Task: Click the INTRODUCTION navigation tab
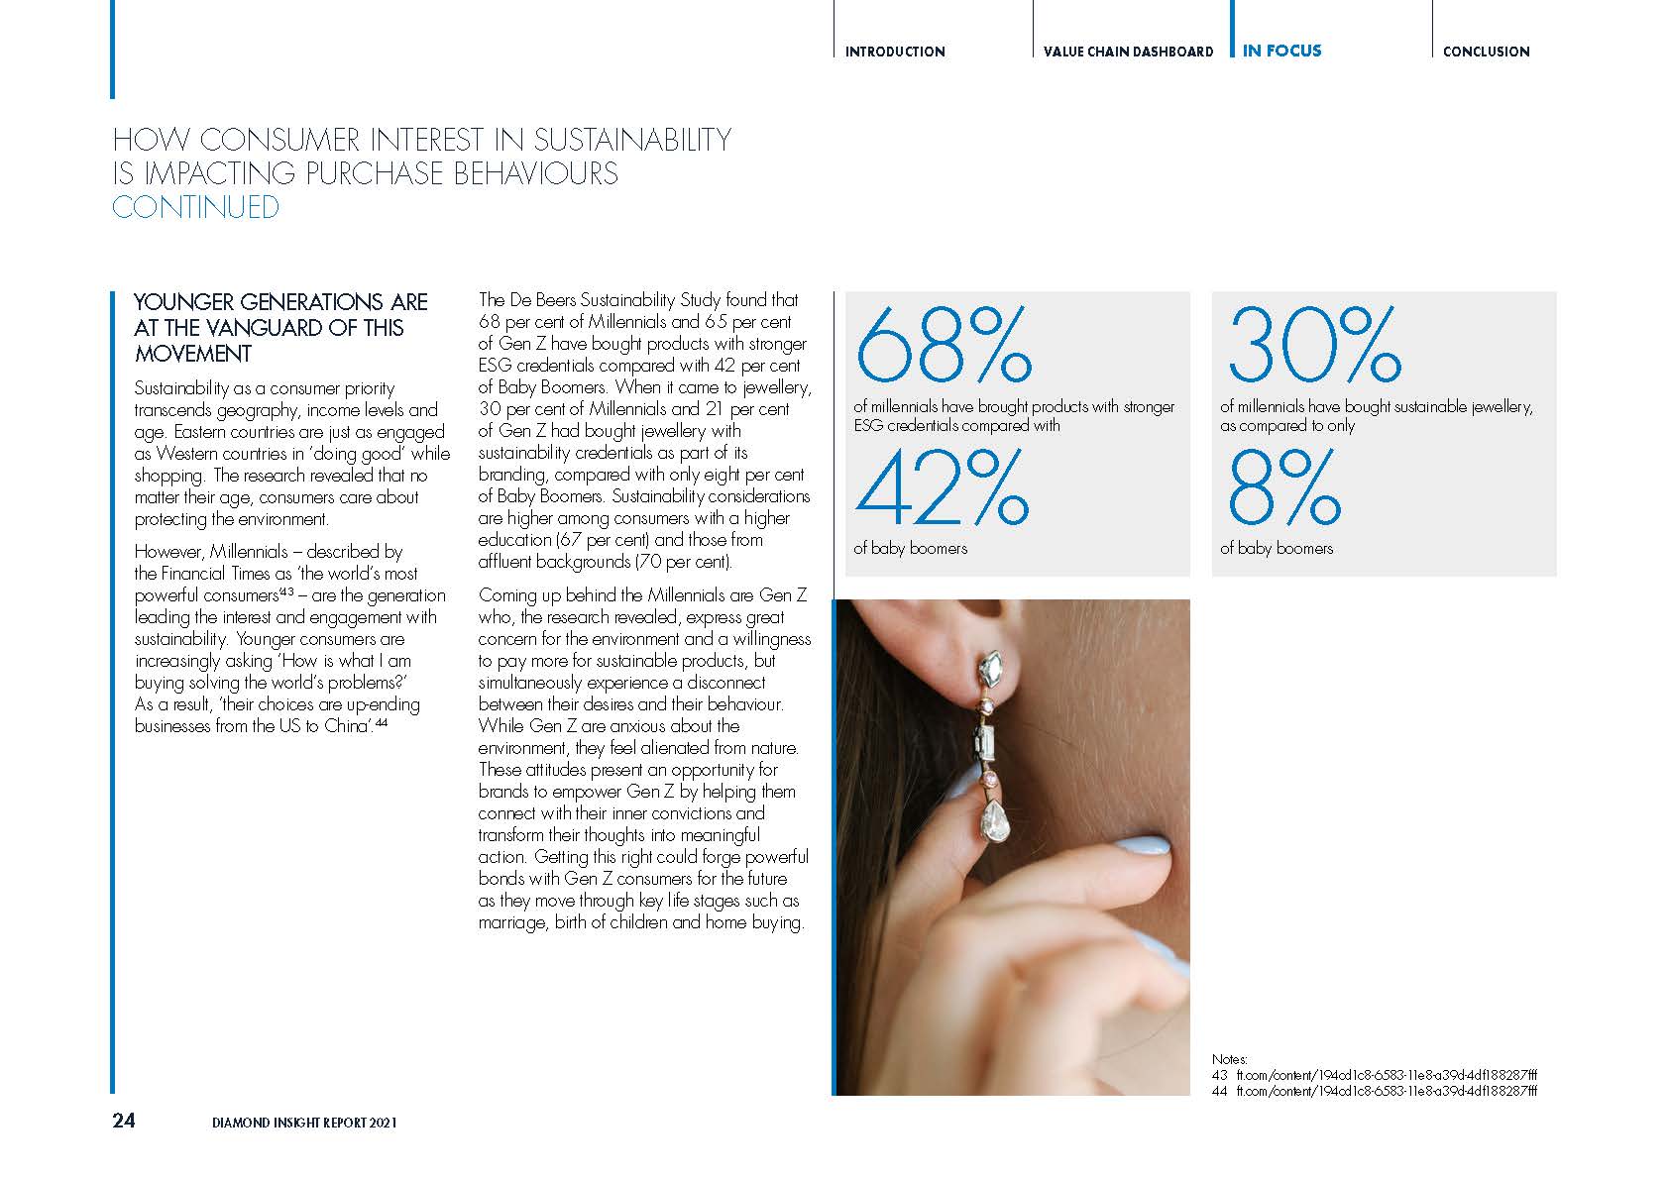(894, 52)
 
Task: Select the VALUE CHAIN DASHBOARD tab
(1128, 52)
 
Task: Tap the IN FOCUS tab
(1281, 51)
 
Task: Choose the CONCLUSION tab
(1486, 52)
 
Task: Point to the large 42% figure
(942, 488)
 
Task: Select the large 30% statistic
(1313, 346)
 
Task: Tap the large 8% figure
(1283, 488)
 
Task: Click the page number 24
(124, 1121)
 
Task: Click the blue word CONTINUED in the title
(195, 207)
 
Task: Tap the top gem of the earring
(991, 671)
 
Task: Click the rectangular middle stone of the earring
(987, 741)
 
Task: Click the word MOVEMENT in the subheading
(193, 354)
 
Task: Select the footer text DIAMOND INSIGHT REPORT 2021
(304, 1123)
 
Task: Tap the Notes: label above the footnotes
(1229, 1059)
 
